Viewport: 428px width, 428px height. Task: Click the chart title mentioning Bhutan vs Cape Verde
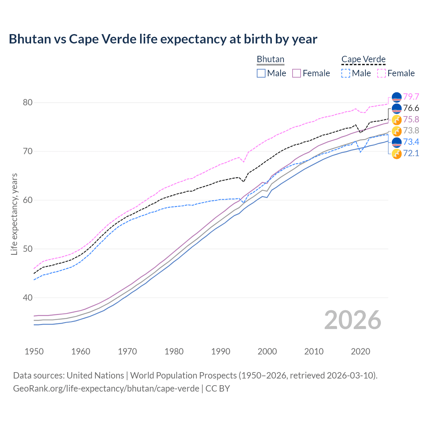tap(163, 39)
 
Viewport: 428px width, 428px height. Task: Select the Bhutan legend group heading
tap(270, 59)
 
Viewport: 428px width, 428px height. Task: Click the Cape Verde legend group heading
tap(363, 59)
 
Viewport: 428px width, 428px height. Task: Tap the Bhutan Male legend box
tap(261, 73)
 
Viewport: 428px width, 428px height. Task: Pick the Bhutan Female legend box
tap(297, 73)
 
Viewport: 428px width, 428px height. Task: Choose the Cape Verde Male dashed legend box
tap(346, 73)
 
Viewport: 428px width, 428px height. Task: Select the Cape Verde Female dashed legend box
tap(381, 73)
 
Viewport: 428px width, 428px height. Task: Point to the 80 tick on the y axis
tap(27, 102)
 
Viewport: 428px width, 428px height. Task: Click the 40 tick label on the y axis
tap(27, 298)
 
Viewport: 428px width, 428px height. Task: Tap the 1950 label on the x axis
tap(34, 351)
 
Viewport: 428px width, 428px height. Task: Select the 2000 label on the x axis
tap(267, 351)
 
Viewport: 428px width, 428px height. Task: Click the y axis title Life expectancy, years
tap(14, 214)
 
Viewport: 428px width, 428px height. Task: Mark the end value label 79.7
tap(411, 97)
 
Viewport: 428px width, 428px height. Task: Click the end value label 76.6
tap(411, 108)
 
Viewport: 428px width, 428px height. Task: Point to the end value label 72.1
tap(411, 153)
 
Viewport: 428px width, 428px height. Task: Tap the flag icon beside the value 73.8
tap(397, 131)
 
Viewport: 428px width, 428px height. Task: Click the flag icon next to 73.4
tap(397, 142)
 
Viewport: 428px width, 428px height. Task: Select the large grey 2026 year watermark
tap(352, 320)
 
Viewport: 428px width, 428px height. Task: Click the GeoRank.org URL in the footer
tap(106, 389)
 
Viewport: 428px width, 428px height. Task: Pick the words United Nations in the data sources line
tap(95, 375)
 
